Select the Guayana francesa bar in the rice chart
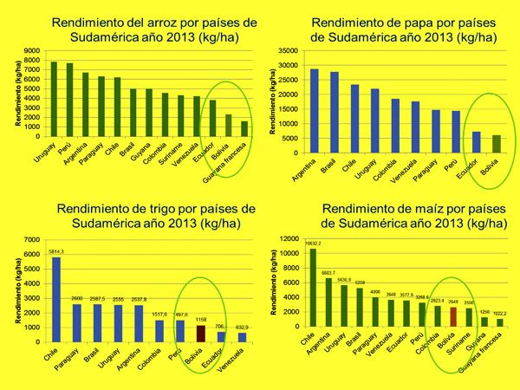tap(244, 129)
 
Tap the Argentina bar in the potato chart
tap(314, 104)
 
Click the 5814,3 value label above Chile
tap(55, 251)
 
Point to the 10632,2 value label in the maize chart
tap(314, 244)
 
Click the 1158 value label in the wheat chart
tap(200, 320)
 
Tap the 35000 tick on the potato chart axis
tap(287, 52)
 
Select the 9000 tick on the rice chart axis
tap(31, 50)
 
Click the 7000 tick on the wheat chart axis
tap(31, 240)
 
